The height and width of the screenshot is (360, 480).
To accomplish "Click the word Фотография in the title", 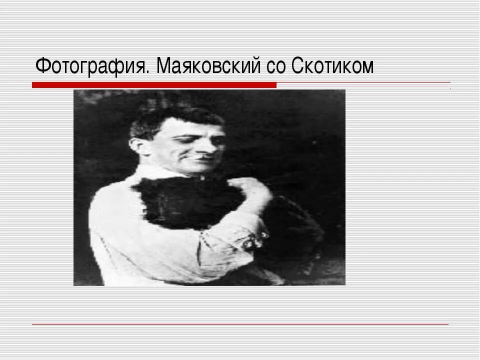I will tap(91, 66).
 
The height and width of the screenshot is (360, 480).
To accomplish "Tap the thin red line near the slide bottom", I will tap(240, 324).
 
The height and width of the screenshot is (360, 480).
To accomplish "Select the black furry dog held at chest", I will tap(185, 200).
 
